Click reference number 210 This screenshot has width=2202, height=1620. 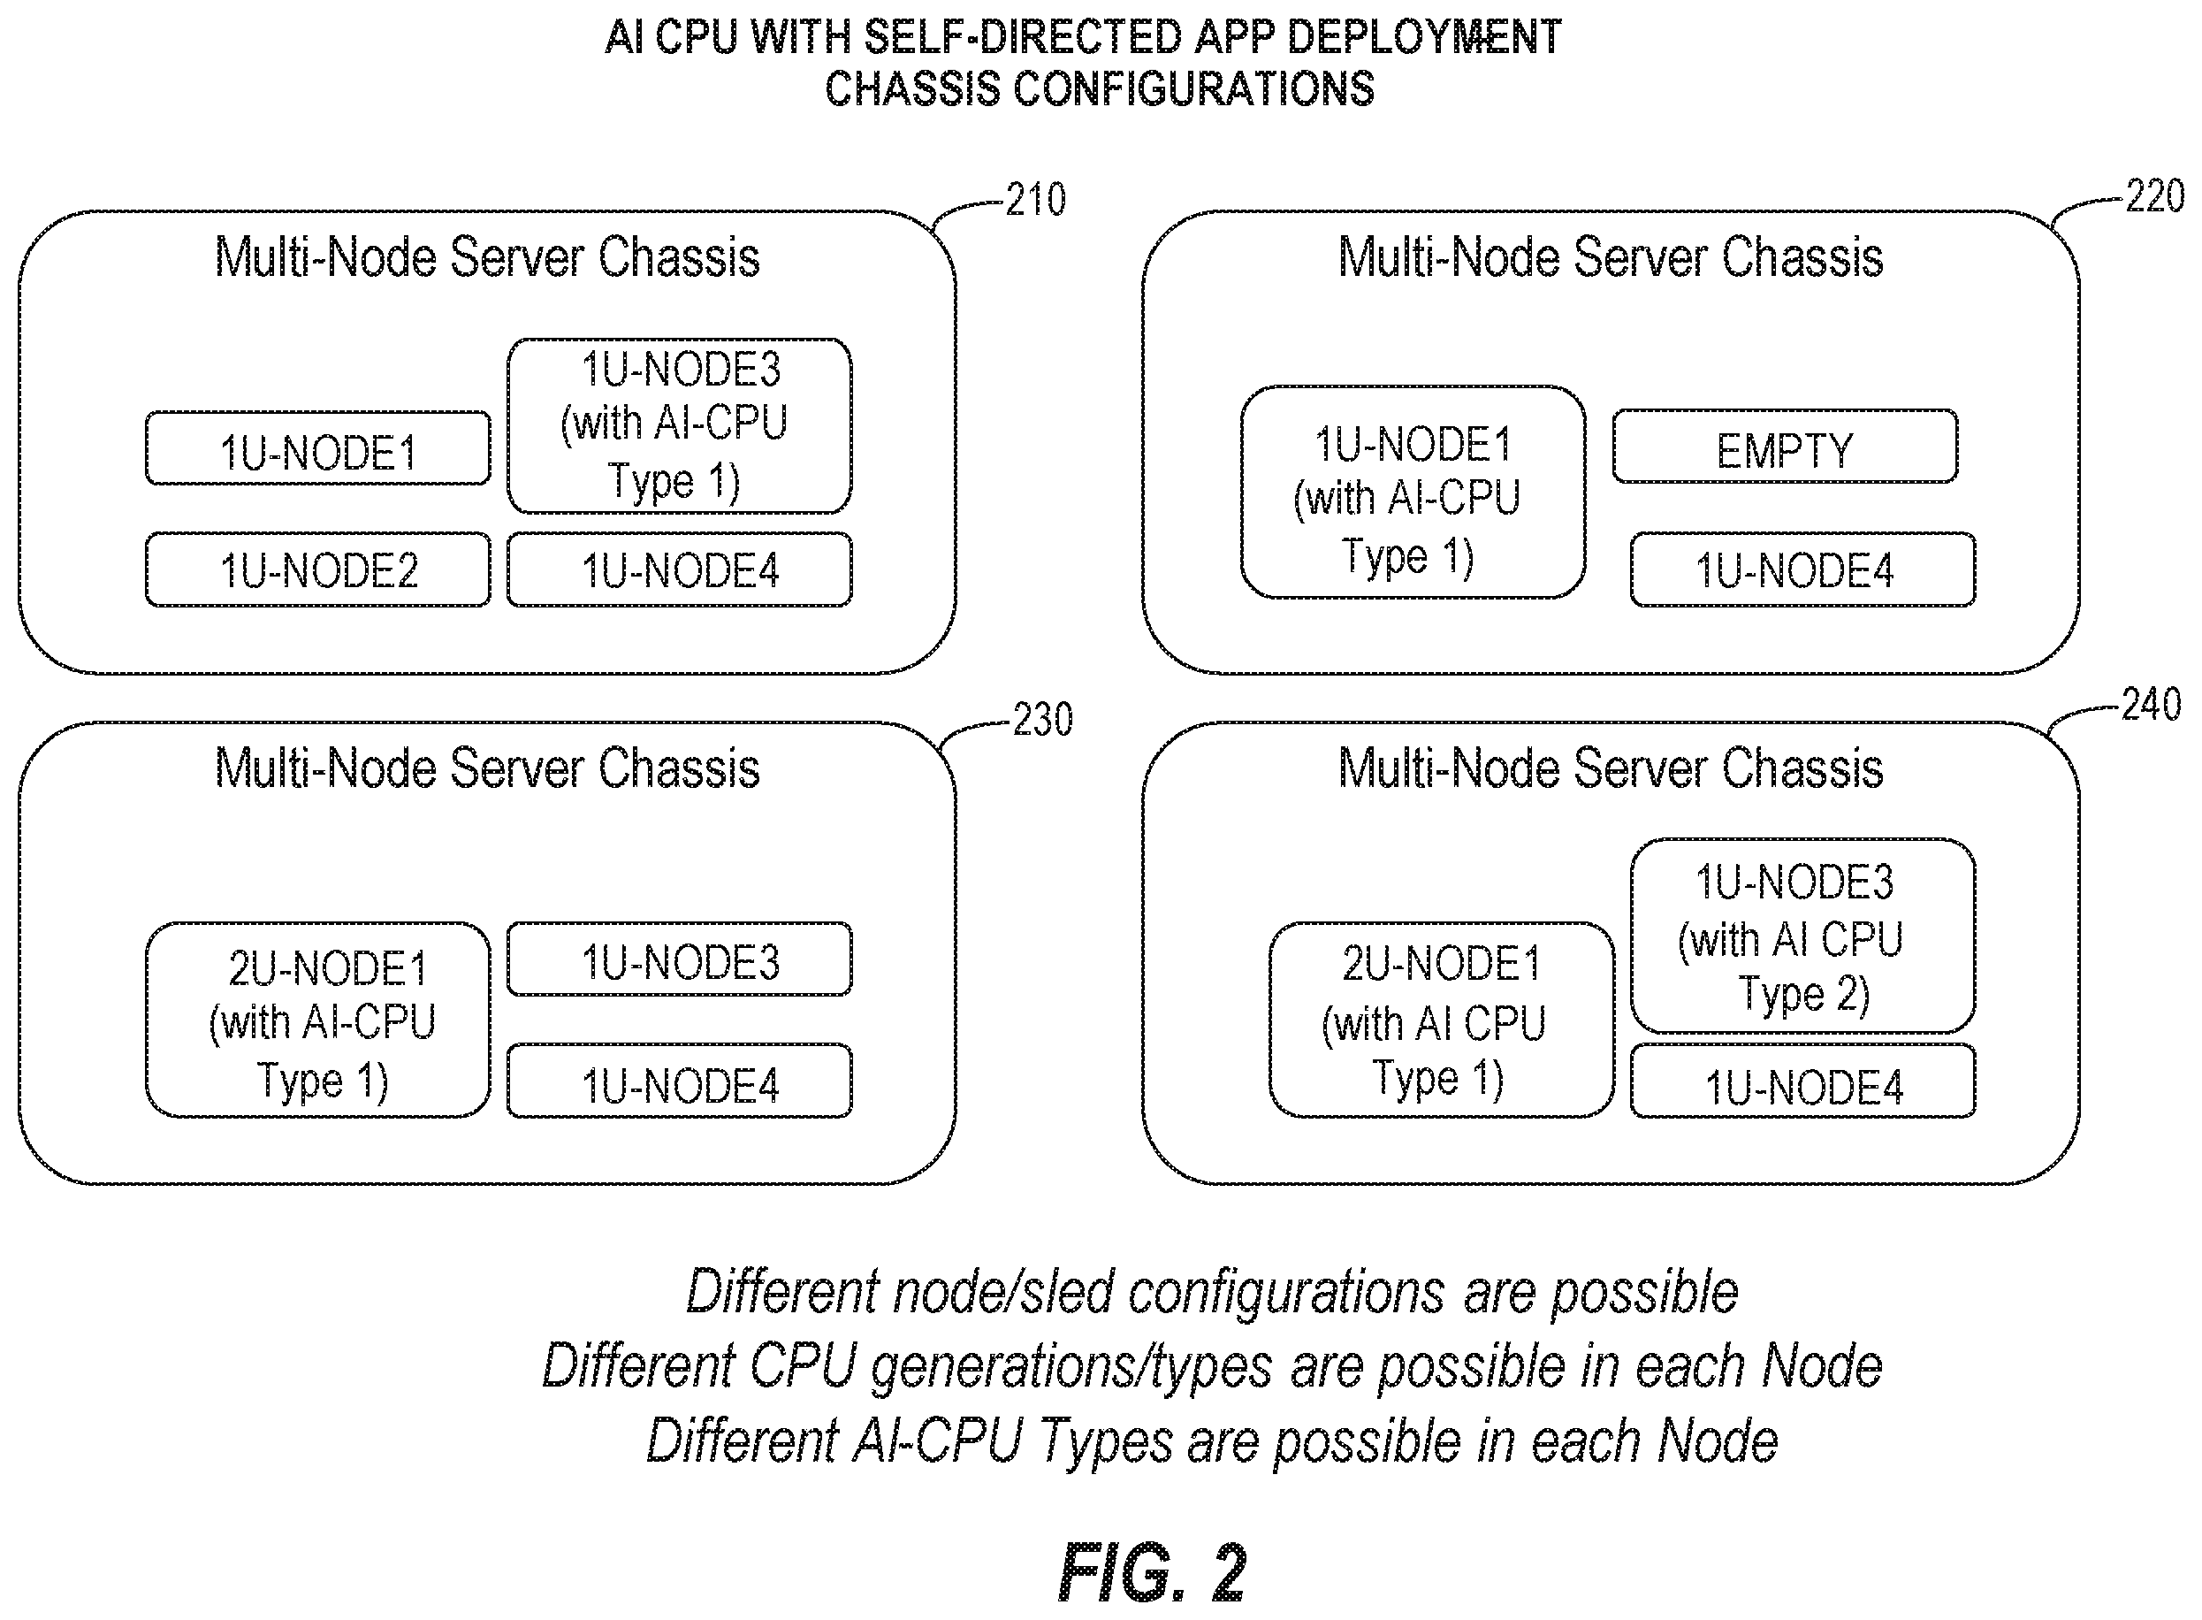[x=1035, y=200]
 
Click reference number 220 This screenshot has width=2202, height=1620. [x=2154, y=196]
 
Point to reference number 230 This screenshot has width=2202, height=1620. [x=1042, y=720]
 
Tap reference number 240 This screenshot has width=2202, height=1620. [x=2151, y=704]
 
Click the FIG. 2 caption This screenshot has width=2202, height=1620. [x=1152, y=1572]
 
